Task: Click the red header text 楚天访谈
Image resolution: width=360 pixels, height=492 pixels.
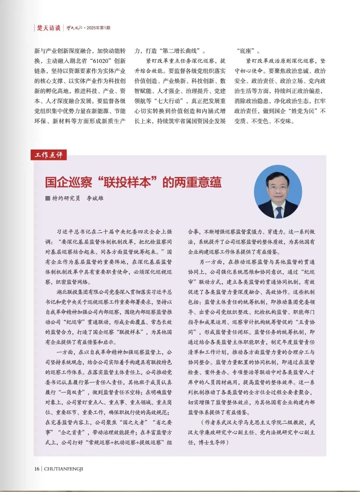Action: pos(48,28)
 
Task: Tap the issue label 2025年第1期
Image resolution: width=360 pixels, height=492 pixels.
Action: pos(98,28)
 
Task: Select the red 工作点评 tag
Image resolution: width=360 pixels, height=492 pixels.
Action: pos(49,155)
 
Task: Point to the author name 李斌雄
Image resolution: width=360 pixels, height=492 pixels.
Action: pos(95,198)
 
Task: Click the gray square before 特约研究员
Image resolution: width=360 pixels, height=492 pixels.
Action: pos(48,198)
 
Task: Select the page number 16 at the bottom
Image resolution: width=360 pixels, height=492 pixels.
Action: pos(37,469)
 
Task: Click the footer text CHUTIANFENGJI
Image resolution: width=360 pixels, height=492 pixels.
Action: pos(63,469)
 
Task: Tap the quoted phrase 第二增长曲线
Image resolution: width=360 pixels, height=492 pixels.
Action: pos(179,51)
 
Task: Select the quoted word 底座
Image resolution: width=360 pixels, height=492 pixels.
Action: pos(248,51)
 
